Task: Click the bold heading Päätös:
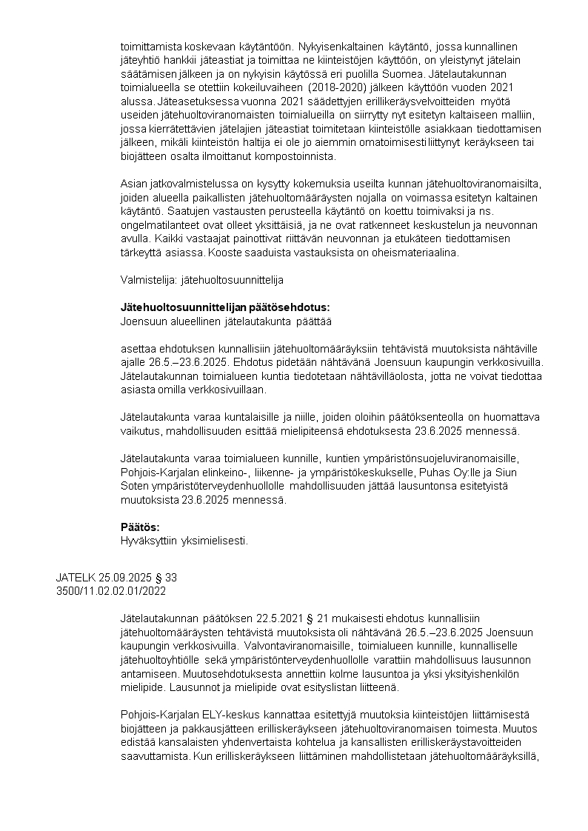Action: coord(140,527)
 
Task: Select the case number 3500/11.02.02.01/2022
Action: coord(111,590)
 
